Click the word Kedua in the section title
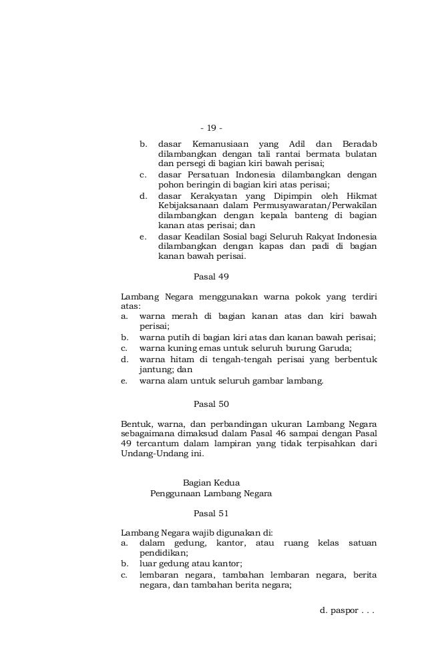(x=227, y=482)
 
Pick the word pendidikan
(x=162, y=553)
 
